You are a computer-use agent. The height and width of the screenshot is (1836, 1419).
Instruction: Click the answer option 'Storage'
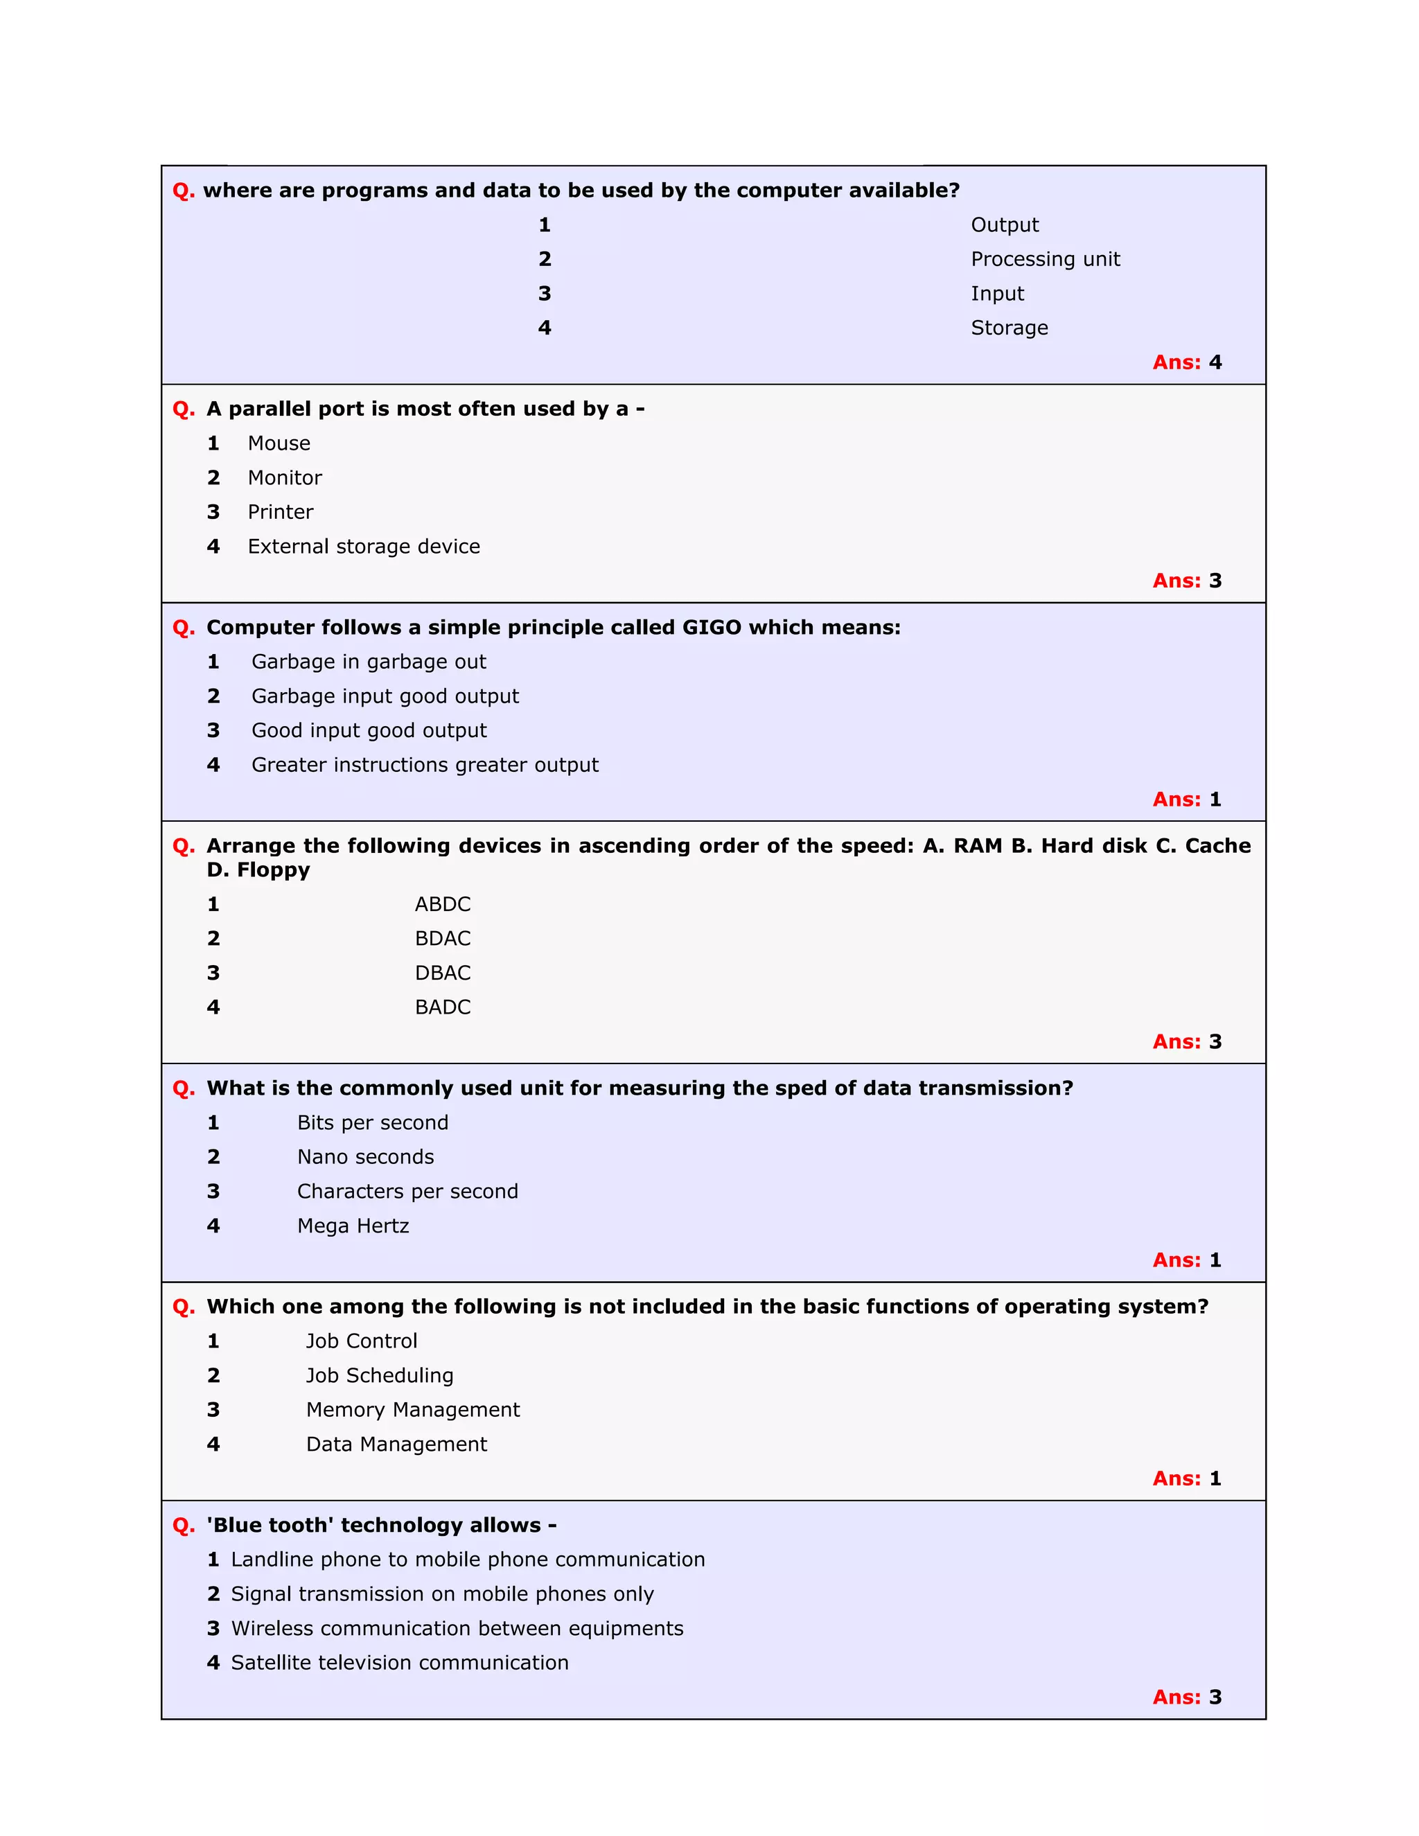click(x=1009, y=328)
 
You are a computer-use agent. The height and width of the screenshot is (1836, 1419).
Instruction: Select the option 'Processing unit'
click(x=1045, y=259)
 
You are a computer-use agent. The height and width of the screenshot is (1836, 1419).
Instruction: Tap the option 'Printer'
click(x=280, y=512)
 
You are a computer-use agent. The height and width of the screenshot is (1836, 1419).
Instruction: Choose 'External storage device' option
click(x=363, y=547)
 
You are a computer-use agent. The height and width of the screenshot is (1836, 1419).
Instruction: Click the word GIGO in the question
click(x=711, y=627)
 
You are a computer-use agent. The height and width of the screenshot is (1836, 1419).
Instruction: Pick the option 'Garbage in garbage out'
click(x=368, y=662)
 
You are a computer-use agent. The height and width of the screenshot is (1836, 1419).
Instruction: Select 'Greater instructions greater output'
click(x=425, y=765)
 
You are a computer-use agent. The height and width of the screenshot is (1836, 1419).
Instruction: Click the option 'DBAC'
click(x=442, y=973)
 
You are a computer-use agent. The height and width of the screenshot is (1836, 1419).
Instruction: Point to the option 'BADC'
click(x=442, y=1007)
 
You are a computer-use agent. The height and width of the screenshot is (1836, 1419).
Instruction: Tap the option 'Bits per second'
click(x=372, y=1122)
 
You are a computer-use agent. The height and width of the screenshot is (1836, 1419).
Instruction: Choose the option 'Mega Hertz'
click(x=353, y=1226)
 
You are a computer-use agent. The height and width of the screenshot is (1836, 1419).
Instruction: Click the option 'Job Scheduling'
click(x=379, y=1375)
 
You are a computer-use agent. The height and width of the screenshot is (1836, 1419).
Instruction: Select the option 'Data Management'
click(x=396, y=1445)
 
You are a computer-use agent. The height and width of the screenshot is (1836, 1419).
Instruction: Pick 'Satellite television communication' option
click(x=399, y=1663)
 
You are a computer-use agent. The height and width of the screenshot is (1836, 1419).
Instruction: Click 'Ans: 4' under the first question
click(x=1186, y=362)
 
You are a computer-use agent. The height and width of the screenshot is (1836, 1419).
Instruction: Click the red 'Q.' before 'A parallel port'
click(x=183, y=409)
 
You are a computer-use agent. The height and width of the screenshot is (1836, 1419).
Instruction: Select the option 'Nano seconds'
click(x=366, y=1157)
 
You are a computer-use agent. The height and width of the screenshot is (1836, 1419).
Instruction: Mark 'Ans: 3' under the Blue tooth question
click(x=1186, y=1697)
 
